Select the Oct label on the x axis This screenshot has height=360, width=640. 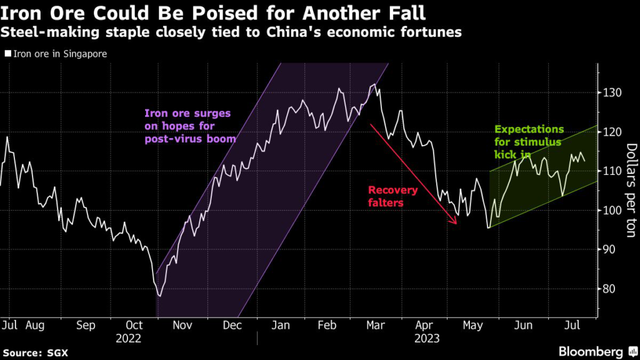[x=135, y=326]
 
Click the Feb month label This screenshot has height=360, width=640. [x=329, y=326]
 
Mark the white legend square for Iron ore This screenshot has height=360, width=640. [x=7, y=54]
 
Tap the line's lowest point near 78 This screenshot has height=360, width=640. [x=160, y=295]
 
